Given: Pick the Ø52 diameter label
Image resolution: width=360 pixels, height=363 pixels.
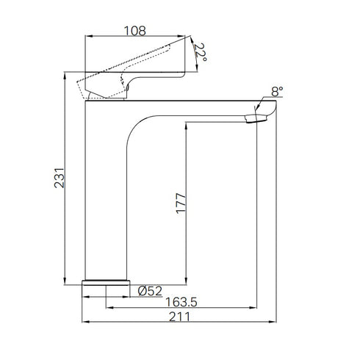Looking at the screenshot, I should tap(151, 290).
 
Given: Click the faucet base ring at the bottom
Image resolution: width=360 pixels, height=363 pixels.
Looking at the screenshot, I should tap(107, 282).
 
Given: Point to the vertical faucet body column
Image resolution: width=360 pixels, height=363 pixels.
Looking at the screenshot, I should tap(107, 198).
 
